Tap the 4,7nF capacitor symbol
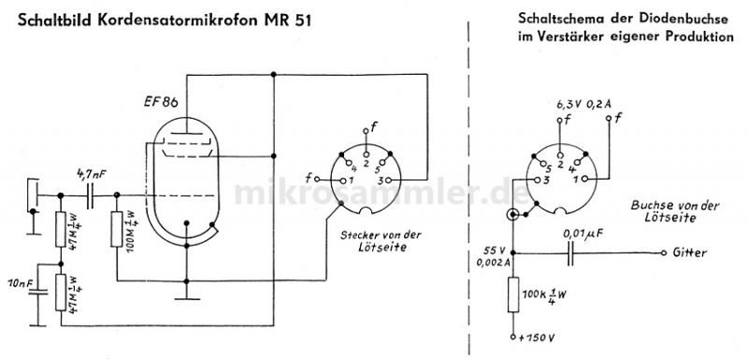pos(91,195)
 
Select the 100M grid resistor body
pos(116,229)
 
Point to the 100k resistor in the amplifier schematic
pos(512,295)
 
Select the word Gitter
pos(689,252)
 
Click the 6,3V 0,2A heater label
pos(583,104)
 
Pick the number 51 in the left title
pos(300,22)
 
